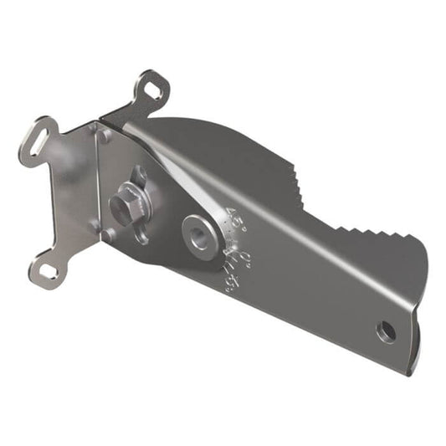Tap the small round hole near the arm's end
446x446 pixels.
(x=386, y=331)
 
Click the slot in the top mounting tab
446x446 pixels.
(x=152, y=86)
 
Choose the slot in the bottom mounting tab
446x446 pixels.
(x=49, y=272)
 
